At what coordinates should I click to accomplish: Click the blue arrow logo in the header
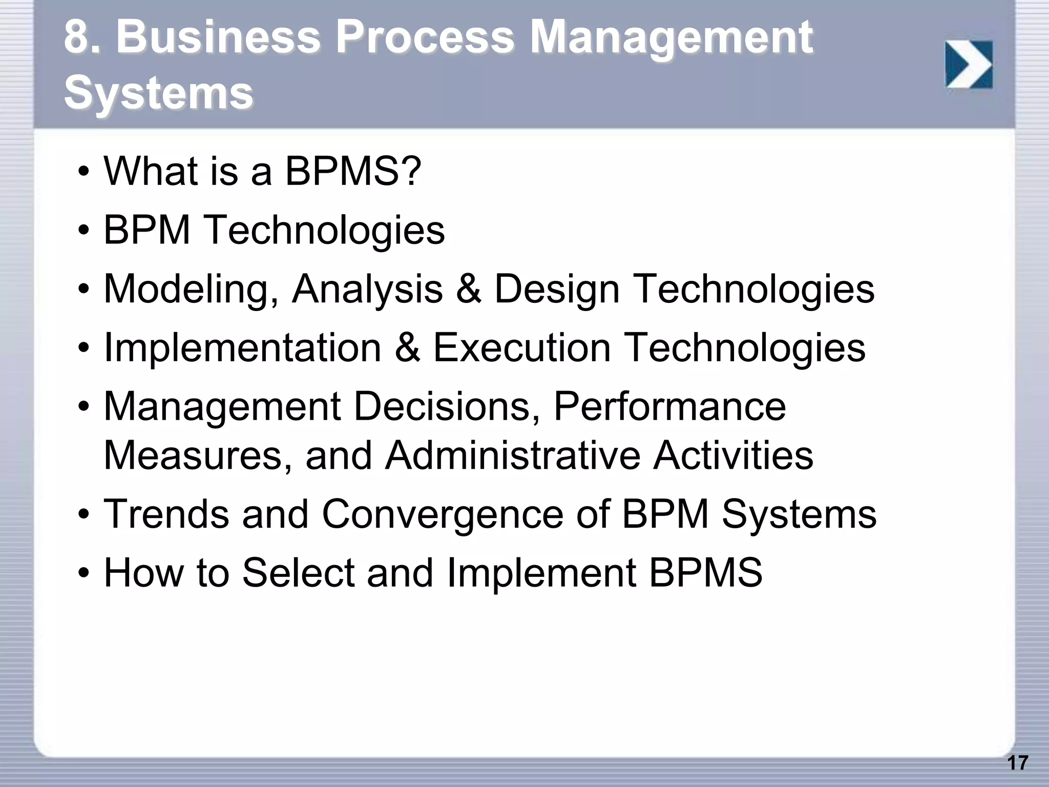[x=969, y=65]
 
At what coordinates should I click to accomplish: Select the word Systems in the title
[x=158, y=93]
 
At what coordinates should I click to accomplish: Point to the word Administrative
[x=513, y=455]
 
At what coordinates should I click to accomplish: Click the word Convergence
[x=442, y=514]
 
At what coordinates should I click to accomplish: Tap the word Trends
[x=166, y=514]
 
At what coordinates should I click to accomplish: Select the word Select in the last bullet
[x=298, y=573]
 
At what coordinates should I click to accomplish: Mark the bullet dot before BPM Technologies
[x=84, y=231]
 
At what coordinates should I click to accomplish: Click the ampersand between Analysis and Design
[x=468, y=289]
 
